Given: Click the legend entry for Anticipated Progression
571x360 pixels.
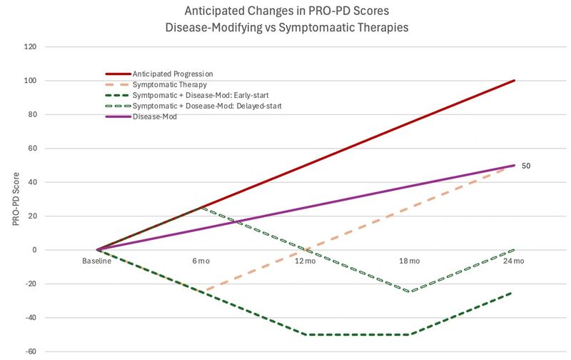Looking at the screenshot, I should (173, 74).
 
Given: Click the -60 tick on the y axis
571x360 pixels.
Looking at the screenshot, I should (32, 351).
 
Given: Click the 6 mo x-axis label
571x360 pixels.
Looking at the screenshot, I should (201, 261).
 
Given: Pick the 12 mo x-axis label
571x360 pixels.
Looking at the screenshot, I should (305, 261).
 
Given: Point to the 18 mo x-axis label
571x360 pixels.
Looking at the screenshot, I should (409, 261).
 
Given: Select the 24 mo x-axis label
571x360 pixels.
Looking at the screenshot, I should (514, 261).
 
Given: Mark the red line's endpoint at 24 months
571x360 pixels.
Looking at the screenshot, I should (514, 81).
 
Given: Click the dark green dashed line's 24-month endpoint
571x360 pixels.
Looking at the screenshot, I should (514, 293).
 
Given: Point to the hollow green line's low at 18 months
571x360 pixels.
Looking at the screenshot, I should (410, 291).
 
